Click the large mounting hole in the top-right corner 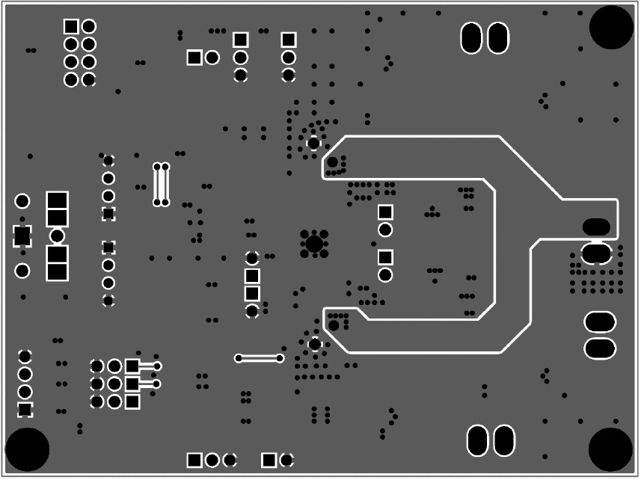612,26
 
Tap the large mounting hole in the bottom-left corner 27,449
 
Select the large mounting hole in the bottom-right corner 611,449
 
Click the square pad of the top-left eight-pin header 71,26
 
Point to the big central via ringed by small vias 314,244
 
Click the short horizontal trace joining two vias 260,358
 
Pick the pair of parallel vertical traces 161,184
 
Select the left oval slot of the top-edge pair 471,37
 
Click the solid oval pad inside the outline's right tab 596,227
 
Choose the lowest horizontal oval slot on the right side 600,348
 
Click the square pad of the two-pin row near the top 194,57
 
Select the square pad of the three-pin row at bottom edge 194,459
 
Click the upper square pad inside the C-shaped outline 385,212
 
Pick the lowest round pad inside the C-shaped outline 385,275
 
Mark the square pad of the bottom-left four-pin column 25,409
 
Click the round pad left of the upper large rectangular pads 22,201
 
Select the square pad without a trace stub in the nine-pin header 132,401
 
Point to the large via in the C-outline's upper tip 332,162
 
